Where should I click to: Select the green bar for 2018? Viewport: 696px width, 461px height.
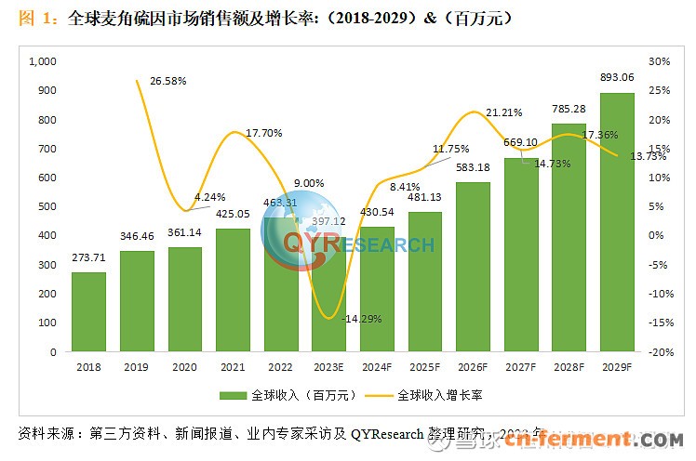coord(88,312)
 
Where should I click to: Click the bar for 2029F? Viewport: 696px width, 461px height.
coord(617,223)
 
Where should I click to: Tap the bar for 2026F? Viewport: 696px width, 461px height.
coord(473,268)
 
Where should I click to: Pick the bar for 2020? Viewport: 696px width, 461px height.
coord(185,299)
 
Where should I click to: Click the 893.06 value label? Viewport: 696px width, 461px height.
coord(617,77)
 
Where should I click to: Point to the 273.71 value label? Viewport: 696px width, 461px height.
coord(88,257)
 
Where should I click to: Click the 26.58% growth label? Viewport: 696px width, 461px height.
coord(168,81)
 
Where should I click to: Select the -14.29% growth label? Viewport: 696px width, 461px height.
coord(361,319)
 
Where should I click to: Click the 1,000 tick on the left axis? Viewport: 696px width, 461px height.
coord(44,61)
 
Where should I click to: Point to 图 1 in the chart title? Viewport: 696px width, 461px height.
coord(37,19)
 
